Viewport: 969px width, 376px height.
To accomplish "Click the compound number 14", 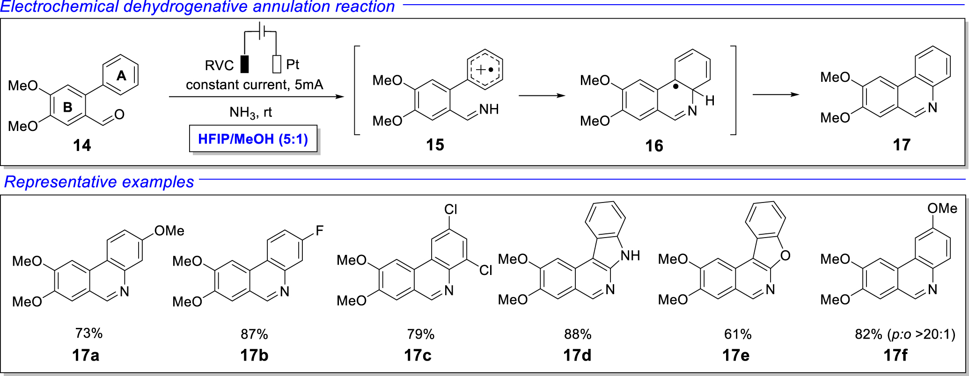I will pyautogui.click(x=82, y=145).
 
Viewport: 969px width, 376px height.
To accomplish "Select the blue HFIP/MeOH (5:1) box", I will pyautogui.click(x=253, y=139).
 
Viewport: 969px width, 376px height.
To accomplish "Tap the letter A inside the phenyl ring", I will pyautogui.click(x=121, y=75).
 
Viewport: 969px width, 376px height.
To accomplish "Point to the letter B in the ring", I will pyautogui.click(x=68, y=107).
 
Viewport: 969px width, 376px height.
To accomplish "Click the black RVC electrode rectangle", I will pyautogui.click(x=244, y=64).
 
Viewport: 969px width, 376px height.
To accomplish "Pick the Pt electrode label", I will pyautogui.click(x=293, y=65).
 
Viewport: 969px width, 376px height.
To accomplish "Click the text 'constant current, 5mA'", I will pyautogui.click(x=254, y=85).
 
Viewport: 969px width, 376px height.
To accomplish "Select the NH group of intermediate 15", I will pyautogui.click(x=489, y=109).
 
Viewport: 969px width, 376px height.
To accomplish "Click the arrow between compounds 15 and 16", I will pyautogui.click(x=542, y=96).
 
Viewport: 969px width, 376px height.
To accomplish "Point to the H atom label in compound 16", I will pyautogui.click(x=710, y=101).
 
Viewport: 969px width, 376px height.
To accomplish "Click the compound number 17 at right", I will pyautogui.click(x=901, y=145).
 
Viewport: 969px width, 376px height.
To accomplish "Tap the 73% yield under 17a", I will pyautogui.click(x=89, y=333).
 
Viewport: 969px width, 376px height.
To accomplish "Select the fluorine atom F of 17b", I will pyautogui.click(x=319, y=231).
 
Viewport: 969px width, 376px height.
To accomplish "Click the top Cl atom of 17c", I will pyautogui.click(x=451, y=210).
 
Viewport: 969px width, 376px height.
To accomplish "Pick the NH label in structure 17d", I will pyautogui.click(x=630, y=255).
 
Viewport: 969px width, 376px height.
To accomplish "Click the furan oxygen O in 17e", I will pyautogui.click(x=785, y=255).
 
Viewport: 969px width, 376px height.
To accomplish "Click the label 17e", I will pyautogui.click(x=736, y=355).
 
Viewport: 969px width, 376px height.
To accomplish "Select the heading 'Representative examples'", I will pyautogui.click(x=99, y=181).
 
